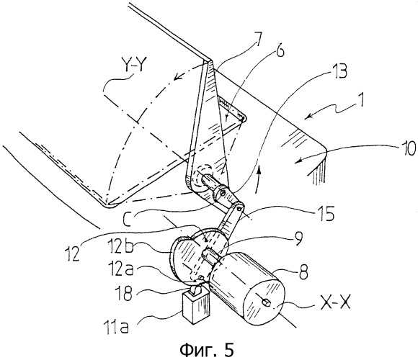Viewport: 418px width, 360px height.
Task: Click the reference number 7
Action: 257,40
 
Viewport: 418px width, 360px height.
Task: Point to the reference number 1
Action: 360,100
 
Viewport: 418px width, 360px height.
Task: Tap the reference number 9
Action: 298,238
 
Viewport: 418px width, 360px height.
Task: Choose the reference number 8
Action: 303,272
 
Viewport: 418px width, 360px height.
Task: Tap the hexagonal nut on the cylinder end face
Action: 267,302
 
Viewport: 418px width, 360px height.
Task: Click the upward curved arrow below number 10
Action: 258,179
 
